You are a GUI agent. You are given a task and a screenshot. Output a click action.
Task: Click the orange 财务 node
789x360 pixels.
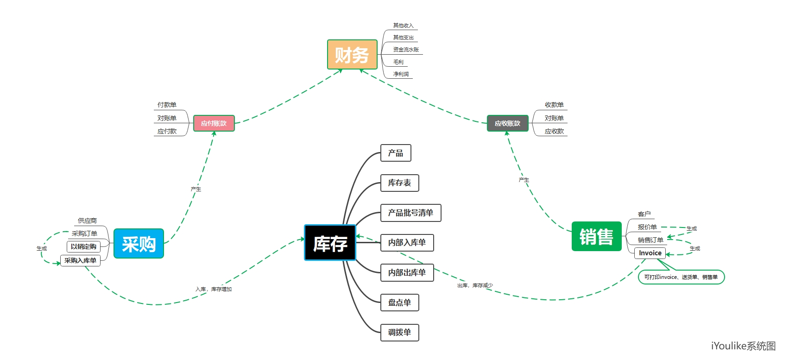coord(352,55)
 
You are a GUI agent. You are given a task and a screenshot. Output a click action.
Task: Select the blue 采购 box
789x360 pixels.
coord(139,243)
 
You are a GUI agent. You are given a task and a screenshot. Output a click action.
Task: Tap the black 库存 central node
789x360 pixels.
coord(330,243)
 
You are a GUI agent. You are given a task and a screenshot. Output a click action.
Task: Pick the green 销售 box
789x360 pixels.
coord(596,236)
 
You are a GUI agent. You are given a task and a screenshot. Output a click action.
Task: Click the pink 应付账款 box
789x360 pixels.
coord(214,123)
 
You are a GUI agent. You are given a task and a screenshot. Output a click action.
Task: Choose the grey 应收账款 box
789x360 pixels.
coord(507,123)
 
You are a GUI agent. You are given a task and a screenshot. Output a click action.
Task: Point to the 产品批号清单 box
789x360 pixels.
coord(410,213)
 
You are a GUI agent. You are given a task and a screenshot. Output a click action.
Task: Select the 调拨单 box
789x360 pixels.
coord(399,332)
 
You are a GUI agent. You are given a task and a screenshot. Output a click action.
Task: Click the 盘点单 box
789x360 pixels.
coord(399,303)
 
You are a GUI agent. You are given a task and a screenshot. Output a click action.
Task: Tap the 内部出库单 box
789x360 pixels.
coord(407,272)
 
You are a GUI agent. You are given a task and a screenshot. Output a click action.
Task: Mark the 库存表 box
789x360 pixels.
coord(399,183)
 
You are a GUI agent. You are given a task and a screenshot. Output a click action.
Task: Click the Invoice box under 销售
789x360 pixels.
coord(650,253)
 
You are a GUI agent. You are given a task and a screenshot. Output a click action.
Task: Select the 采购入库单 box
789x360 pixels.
coord(80,260)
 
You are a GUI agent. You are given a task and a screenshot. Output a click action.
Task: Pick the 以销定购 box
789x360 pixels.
coord(83,246)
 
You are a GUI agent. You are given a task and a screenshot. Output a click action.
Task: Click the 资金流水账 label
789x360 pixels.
coord(406,50)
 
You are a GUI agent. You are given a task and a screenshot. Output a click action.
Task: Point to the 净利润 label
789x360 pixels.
coord(401,74)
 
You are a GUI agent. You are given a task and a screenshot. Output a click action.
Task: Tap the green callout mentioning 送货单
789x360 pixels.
coord(681,277)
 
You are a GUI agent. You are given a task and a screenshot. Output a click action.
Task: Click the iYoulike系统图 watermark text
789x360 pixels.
coord(743,346)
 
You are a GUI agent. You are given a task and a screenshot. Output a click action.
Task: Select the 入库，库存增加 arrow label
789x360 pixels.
coord(214,289)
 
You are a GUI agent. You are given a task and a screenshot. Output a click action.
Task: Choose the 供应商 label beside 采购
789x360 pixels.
coord(87,221)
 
